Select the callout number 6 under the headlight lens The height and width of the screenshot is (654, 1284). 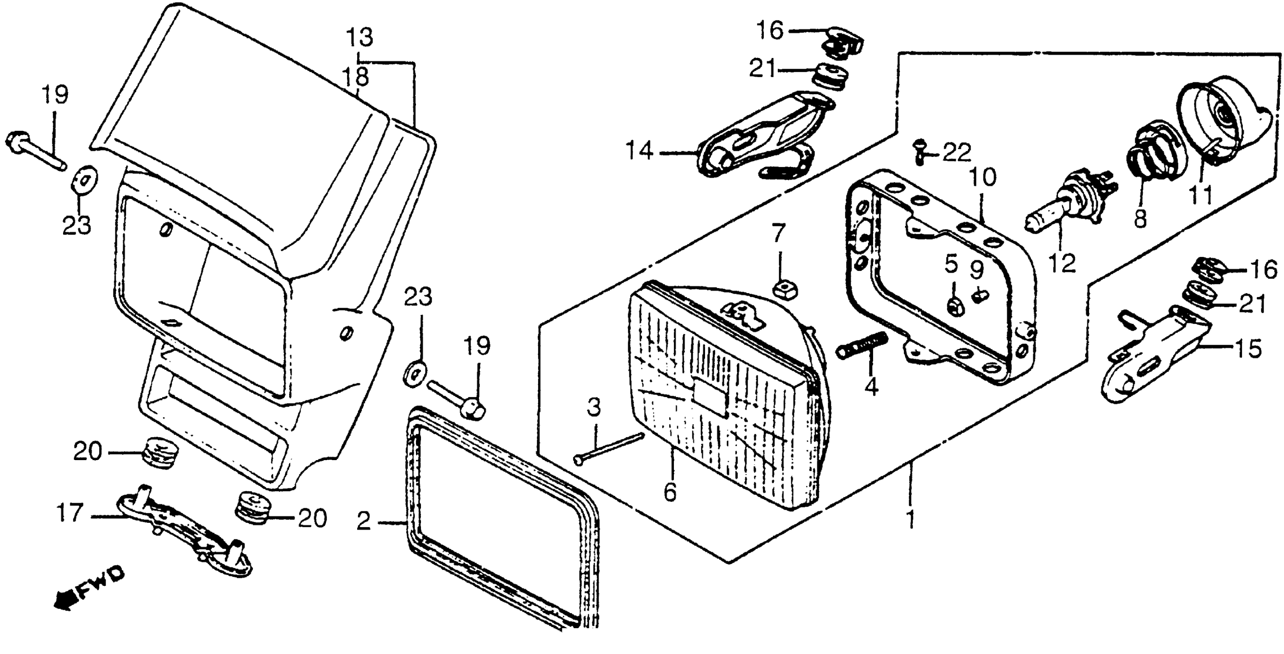point(670,493)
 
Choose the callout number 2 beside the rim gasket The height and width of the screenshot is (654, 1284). point(364,522)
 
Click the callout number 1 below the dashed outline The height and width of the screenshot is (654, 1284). point(910,519)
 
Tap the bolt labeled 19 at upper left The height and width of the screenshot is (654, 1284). point(35,150)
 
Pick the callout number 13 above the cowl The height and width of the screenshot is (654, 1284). point(359,37)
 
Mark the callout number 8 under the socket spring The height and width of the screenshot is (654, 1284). point(1140,219)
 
